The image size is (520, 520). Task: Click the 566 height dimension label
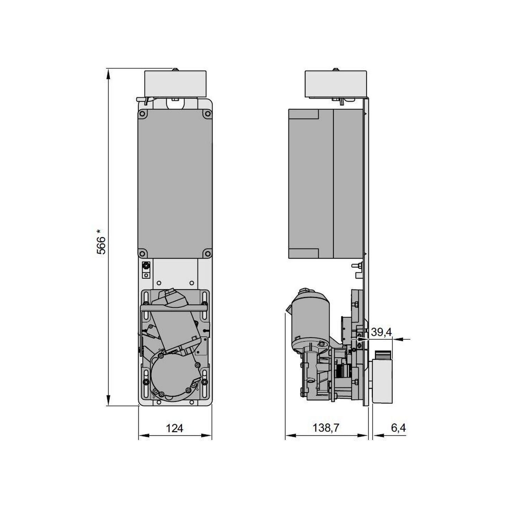coord(101,242)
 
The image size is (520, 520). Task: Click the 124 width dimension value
coord(174,428)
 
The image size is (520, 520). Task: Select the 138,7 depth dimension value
coord(326,428)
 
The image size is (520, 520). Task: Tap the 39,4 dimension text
coord(381,332)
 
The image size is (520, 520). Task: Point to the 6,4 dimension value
coord(398,428)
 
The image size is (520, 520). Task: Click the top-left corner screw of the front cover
coord(142,114)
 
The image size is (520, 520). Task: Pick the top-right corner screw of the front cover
coord(207,114)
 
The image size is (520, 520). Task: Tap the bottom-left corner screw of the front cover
coord(142,253)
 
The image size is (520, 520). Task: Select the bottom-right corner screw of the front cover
coord(207,253)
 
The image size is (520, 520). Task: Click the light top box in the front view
coord(175,84)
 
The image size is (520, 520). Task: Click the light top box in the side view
coord(336,84)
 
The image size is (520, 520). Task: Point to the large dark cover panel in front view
coord(175,184)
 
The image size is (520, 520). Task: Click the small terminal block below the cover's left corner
coord(146,270)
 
